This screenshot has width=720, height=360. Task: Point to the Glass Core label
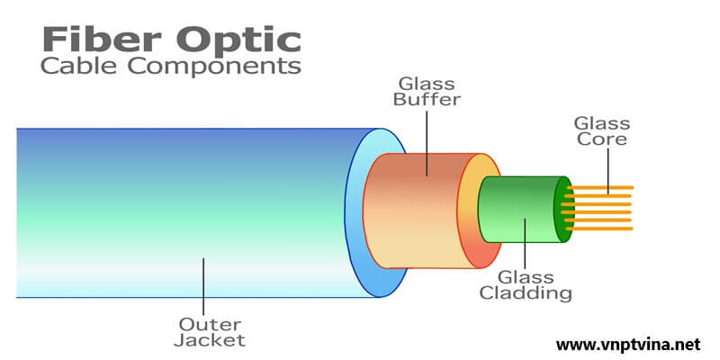coord(601,131)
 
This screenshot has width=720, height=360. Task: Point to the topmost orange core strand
coord(603,187)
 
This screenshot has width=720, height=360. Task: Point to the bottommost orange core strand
coord(603,228)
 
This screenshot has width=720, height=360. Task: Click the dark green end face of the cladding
coord(563,209)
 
